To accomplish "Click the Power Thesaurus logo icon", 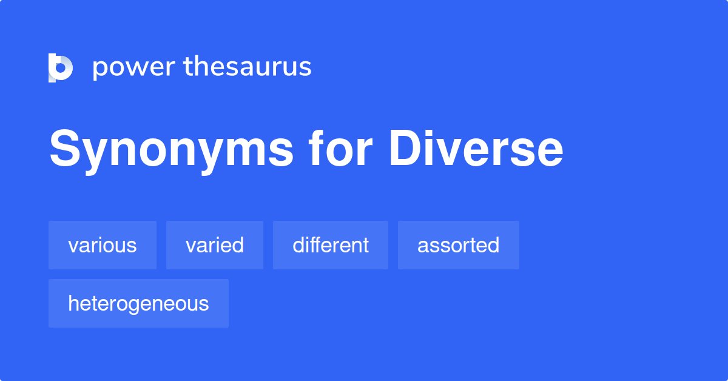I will pos(61,67).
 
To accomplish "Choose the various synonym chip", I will pos(103,245).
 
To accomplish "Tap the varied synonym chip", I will pos(215,245).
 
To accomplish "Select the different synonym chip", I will pos(331,245).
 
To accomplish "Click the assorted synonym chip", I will pos(459,245).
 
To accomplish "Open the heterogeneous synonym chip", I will pos(138,303).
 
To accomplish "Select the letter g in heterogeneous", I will pos(145,305).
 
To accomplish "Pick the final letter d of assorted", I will pos(494,245).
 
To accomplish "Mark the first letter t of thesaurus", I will pos(189,67).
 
